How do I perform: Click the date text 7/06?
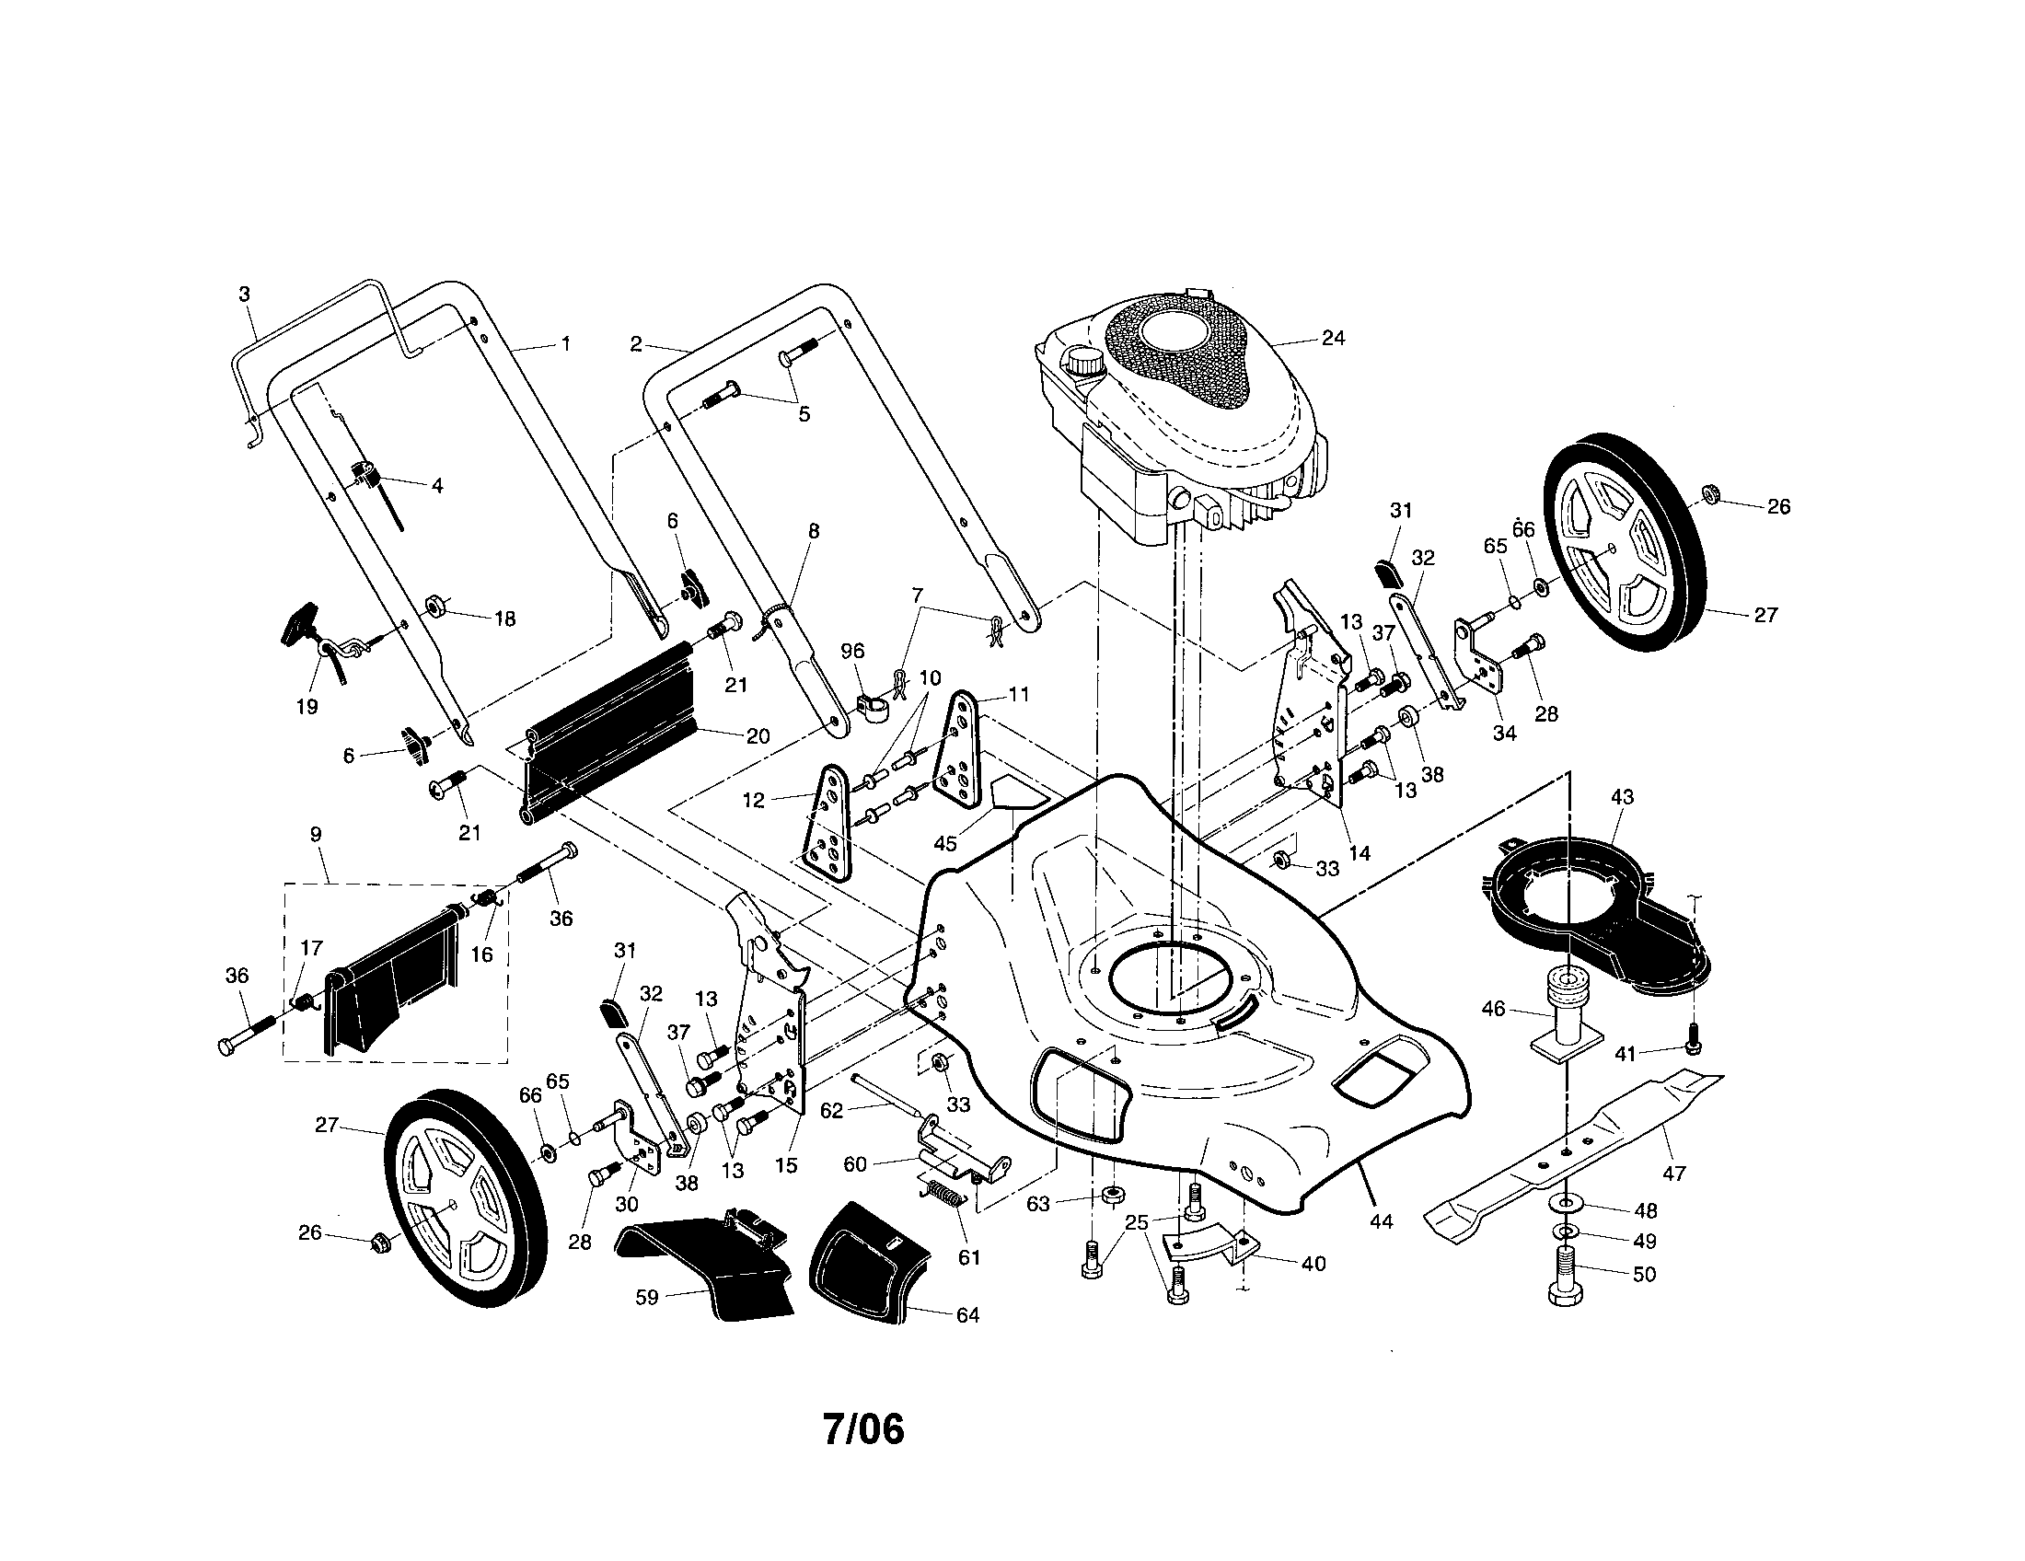click(x=862, y=1429)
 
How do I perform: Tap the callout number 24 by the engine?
click(x=1333, y=339)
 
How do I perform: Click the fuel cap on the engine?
click(x=1082, y=361)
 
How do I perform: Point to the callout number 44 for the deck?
click(x=1381, y=1221)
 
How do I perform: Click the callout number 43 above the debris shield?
click(x=1623, y=797)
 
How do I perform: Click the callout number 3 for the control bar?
click(x=244, y=295)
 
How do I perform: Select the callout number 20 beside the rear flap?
click(x=758, y=736)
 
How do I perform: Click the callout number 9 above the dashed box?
click(x=315, y=834)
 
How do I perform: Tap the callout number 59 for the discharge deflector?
click(x=647, y=1298)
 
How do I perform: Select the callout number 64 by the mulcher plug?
click(x=967, y=1315)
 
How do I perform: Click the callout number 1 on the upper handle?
click(x=564, y=344)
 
